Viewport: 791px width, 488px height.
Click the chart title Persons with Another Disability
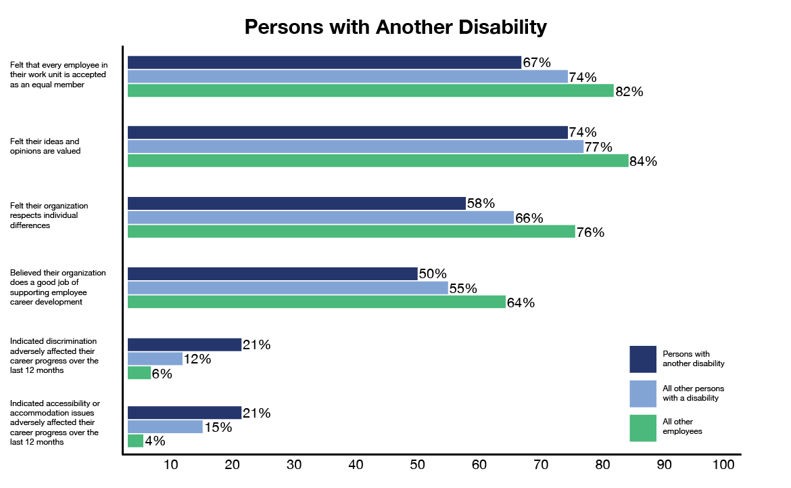coord(395,27)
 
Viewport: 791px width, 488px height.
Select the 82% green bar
coord(370,91)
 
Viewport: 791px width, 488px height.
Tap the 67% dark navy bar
coord(325,62)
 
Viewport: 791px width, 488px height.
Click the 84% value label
coord(644,162)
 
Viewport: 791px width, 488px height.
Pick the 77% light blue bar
coord(356,147)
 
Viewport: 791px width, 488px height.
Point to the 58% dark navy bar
coord(297,203)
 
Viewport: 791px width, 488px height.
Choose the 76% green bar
coord(352,231)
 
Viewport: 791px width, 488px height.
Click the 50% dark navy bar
coord(272,273)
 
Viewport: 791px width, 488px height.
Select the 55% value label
coord(464,288)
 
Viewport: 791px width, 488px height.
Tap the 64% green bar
coord(316,302)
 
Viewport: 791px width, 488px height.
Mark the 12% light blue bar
coord(155,359)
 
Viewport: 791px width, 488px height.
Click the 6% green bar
coord(139,373)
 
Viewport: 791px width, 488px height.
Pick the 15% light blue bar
coord(165,426)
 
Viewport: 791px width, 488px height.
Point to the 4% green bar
coord(135,441)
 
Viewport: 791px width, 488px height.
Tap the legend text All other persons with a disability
coord(693,393)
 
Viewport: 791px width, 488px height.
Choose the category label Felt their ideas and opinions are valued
coord(45,146)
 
